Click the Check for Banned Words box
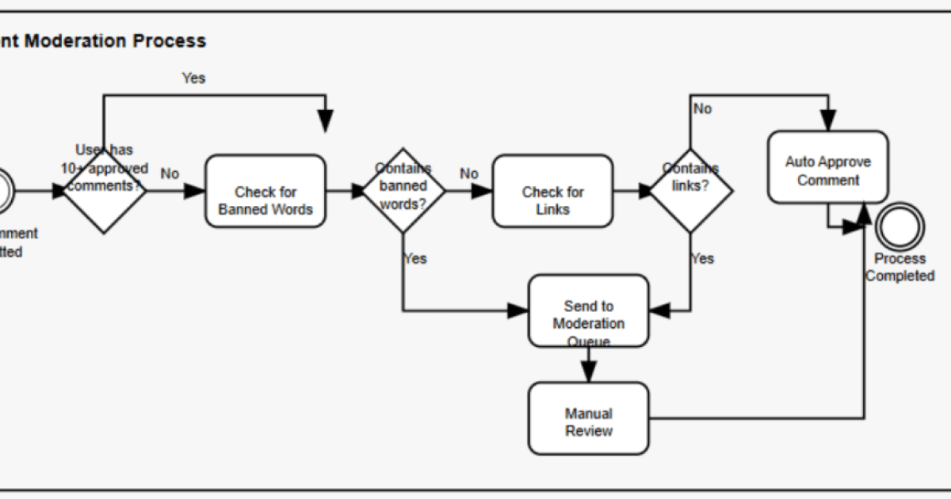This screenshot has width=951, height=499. pyautogui.click(x=265, y=191)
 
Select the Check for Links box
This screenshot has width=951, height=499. pyautogui.click(x=552, y=191)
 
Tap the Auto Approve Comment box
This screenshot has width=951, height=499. pyautogui.click(x=828, y=167)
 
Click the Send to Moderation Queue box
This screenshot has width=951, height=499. pyautogui.click(x=588, y=310)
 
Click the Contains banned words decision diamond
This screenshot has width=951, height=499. pyautogui.click(x=403, y=190)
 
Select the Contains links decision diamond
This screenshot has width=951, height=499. pyautogui.click(x=690, y=190)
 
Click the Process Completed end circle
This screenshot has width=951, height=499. pyautogui.click(x=899, y=227)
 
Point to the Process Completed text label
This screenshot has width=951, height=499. pyautogui.click(x=899, y=268)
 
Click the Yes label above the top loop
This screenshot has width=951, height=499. pyautogui.click(x=193, y=78)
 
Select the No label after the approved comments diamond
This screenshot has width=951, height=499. pyautogui.click(x=170, y=173)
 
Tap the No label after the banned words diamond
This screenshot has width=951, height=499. pyautogui.click(x=469, y=173)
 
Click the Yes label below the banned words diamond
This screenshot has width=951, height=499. pyautogui.click(x=415, y=258)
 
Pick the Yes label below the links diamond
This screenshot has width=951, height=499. pyautogui.click(x=702, y=258)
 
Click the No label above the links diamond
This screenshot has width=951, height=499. pyautogui.click(x=703, y=109)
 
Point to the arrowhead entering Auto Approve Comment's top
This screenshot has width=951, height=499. pyautogui.click(x=828, y=122)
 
